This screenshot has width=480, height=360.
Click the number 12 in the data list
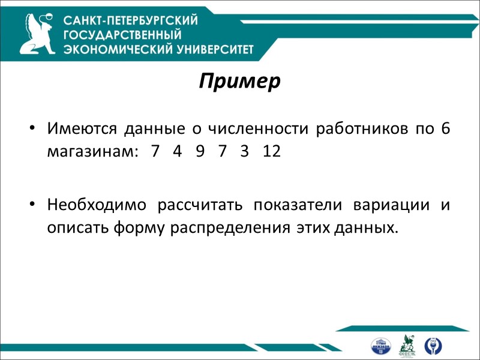point(272,151)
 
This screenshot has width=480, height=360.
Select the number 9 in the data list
point(199,151)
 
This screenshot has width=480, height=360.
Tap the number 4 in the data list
point(176,151)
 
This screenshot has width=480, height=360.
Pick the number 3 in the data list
point(244,151)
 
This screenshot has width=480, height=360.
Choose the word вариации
point(394,205)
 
